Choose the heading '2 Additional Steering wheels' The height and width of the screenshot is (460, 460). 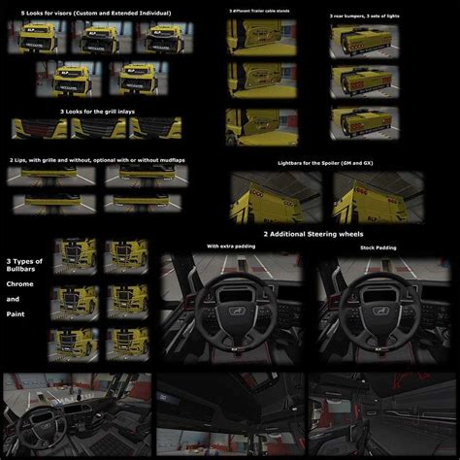coord(309,234)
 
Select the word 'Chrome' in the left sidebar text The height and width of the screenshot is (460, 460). coord(20,284)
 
